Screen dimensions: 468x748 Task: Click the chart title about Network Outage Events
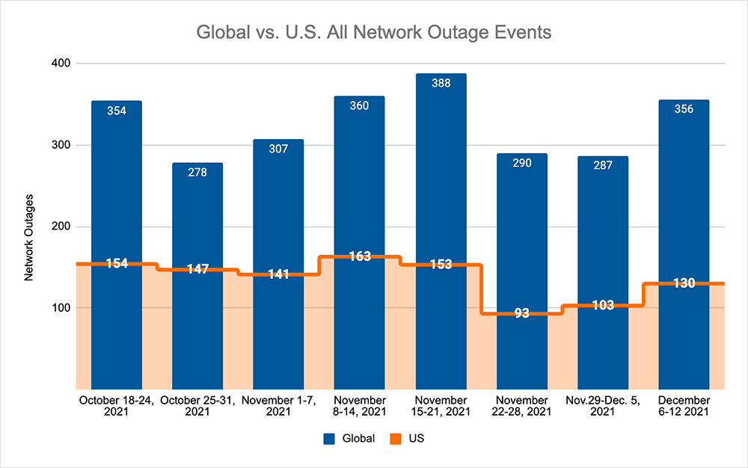[x=375, y=33]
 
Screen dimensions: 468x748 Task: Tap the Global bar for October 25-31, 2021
[x=197, y=217]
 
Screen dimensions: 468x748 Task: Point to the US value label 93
[x=521, y=313]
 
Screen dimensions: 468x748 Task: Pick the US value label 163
[x=360, y=256]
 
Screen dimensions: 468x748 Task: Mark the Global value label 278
[x=197, y=172]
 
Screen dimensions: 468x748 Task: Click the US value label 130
[x=684, y=283]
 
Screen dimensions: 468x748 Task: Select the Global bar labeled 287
[x=602, y=224]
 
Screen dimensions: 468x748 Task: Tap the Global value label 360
[x=360, y=105]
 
